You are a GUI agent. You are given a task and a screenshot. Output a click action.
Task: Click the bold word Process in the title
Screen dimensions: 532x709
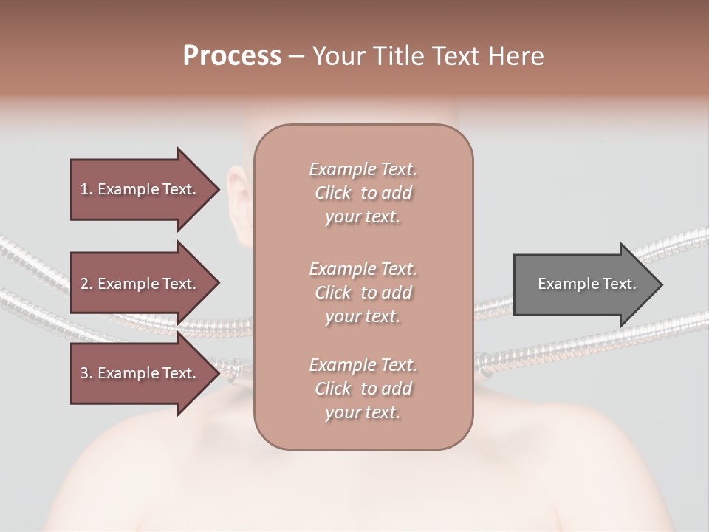[x=232, y=56]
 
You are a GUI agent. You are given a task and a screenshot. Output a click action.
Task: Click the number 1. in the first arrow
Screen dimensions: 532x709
[x=86, y=189]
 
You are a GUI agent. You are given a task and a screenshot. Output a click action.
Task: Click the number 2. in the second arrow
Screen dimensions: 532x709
[x=86, y=284]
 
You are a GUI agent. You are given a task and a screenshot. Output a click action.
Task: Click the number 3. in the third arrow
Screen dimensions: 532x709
[x=86, y=373]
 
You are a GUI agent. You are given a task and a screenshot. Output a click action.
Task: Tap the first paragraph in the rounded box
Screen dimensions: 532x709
[x=363, y=193]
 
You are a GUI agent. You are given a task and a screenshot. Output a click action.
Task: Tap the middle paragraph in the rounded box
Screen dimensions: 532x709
[x=363, y=293]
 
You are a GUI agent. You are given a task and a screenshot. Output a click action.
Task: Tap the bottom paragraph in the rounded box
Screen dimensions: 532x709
[x=363, y=389]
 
